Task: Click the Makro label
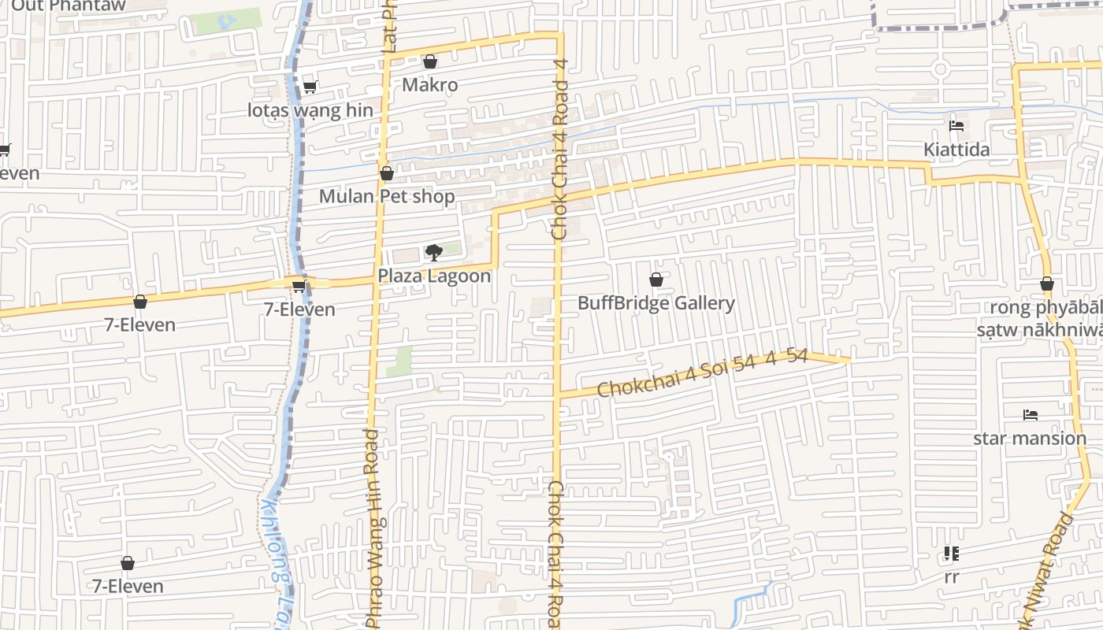(429, 84)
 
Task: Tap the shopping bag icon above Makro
(430, 61)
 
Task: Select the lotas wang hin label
(310, 110)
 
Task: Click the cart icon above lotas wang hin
(310, 87)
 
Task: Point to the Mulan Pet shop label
(387, 196)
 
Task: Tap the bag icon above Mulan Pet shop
(387, 173)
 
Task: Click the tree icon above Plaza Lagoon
(433, 253)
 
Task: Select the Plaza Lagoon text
(434, 276)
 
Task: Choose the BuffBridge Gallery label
(656, 303)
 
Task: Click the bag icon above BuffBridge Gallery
(655, 280)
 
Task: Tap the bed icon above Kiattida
(956, 126)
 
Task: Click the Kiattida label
(956, 150)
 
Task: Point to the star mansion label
(1030, 438)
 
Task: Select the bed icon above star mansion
(1030, 415)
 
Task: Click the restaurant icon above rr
(952, 554)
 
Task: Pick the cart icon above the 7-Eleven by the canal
(299, 286)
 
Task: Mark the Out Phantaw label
(69, 6)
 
